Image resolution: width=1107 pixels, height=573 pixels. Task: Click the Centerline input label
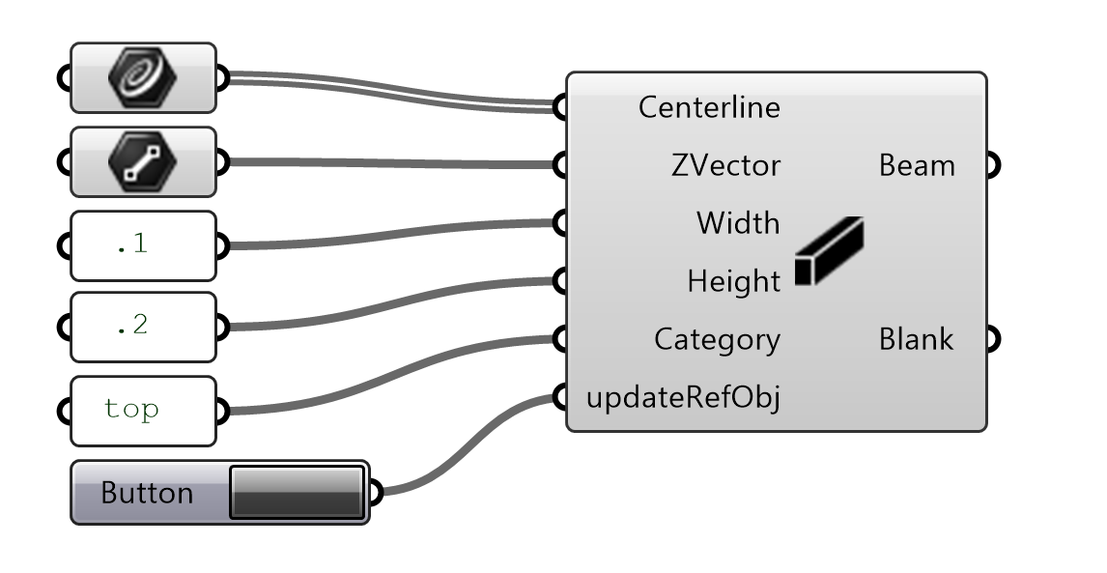[x=708, y=107]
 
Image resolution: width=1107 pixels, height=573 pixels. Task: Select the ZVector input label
[x=724, y=165]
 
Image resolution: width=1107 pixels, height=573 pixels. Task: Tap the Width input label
[x=737, y=223]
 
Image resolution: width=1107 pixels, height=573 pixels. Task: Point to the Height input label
[x=733, y=281]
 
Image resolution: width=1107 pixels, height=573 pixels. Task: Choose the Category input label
[x=717, y=339]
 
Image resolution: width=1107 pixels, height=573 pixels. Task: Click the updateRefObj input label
[x=683, y=397]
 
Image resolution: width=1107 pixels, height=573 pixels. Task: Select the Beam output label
[x=917, y=165]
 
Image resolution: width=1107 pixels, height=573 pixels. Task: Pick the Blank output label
[x=917, y=339]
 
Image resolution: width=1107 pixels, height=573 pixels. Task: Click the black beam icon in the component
[x=829, y=251]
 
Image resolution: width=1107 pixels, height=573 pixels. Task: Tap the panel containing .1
[x=143, y=245]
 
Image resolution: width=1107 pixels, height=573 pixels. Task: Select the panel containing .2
[x=143, y=327]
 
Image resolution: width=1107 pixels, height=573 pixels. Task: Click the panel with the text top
[x=143, y=410]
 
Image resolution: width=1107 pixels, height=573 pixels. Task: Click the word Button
[x=147, y=493]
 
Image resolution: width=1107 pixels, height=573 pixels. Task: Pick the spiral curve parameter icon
[x=143, y=77]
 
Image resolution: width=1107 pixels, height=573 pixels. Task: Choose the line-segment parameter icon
[x=143, y=161]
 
